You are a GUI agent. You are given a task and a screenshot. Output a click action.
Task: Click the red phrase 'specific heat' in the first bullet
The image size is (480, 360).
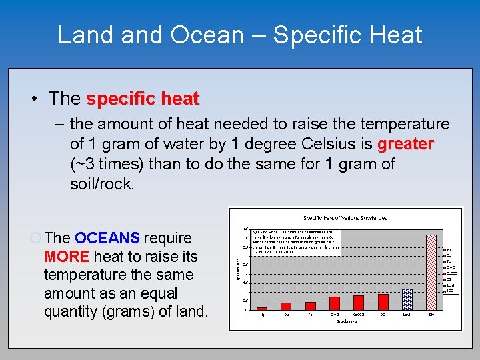143,99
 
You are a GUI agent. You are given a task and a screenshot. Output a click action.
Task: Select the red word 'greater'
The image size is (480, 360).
406,144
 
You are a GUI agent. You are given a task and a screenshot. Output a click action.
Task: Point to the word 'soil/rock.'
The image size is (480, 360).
102,184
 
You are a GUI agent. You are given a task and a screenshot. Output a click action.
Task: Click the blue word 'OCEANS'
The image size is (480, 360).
107,238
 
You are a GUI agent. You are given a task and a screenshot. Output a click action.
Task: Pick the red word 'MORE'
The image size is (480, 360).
67,257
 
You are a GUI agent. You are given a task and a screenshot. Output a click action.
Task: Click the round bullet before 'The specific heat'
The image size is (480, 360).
34,99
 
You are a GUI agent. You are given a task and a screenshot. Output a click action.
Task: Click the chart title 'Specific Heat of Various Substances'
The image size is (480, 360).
345,217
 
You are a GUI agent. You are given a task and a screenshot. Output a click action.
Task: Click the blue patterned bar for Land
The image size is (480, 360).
407,299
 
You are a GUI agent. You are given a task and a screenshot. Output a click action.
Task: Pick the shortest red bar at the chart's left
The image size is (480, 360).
262,309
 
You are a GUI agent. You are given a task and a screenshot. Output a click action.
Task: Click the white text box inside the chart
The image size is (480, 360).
295,243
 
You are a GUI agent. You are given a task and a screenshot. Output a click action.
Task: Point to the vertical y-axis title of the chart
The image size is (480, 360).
238,269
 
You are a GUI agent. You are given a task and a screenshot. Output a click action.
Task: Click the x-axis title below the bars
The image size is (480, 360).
345,322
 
